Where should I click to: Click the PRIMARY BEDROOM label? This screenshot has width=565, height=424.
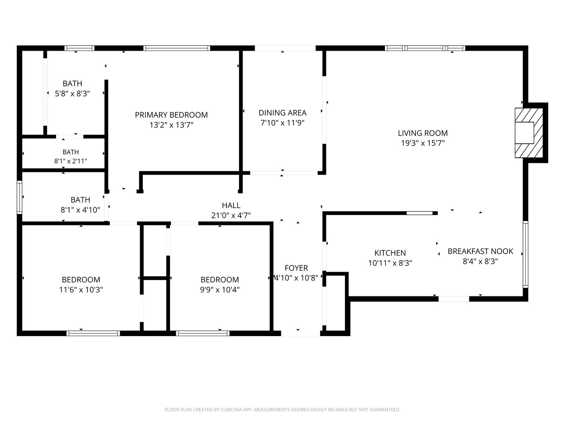(x=171, y=115)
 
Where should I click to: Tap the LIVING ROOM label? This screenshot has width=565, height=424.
(x=423, y=133)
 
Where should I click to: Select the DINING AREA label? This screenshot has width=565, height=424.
(x=282, y=113)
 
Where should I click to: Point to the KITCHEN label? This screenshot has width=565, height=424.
(x=390, y=253)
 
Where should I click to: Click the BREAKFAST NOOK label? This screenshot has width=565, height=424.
(x=480, y=251)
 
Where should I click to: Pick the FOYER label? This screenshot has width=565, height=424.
(x=296, y=268)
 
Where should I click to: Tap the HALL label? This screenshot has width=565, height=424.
(x=231, y=205)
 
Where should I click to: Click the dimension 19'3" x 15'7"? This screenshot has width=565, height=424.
(x=423, y=143)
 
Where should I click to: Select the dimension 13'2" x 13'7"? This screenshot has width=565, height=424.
(x=171, y=125)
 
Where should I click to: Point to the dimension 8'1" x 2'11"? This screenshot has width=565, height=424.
(x=71, y=161)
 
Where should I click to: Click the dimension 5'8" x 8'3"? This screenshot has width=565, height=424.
(x=72, y=93)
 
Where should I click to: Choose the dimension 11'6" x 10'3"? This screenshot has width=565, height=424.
(x=81, y=290)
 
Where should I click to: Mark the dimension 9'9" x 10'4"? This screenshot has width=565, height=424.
(x=220, y=290)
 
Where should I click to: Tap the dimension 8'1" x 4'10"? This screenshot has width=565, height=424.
(x=80, y=210)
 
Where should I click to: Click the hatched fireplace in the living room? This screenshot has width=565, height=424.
(x=529, y=133)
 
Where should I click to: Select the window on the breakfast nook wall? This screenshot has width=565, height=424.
(x=525, y=254)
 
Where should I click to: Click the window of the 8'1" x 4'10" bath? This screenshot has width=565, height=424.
(x=20, y=197)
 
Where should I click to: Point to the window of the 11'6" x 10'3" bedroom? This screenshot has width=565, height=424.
(x=93, y=333)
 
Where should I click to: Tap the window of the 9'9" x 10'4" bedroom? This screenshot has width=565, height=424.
(x=203, y=333)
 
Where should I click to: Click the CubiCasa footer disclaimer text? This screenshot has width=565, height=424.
(x=282, y=409)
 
